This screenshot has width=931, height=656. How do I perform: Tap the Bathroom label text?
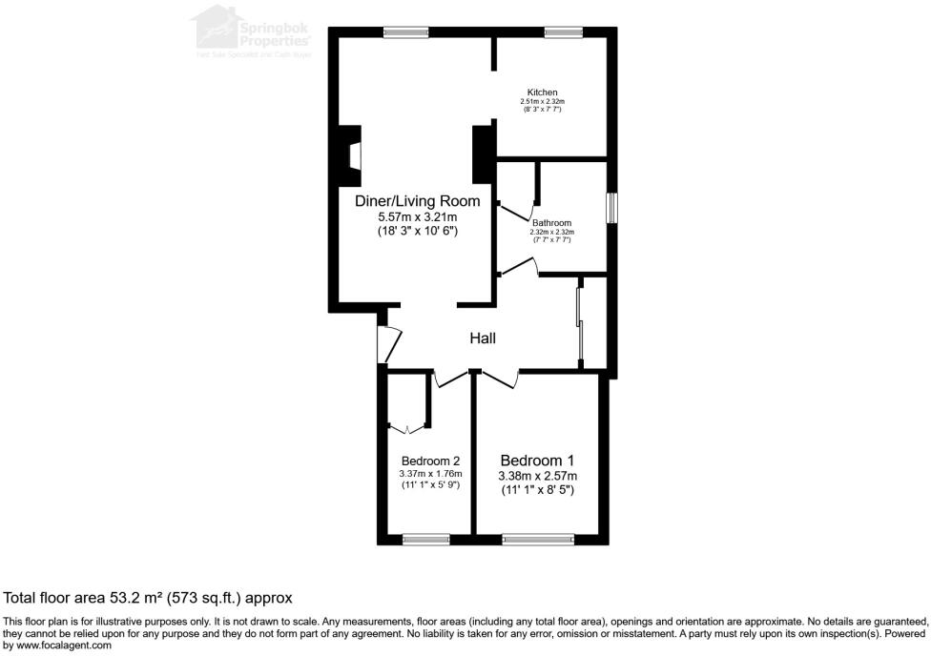click(551, 223)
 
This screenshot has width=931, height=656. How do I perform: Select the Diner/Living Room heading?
click(417, 201)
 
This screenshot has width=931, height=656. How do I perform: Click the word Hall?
click(483, 338)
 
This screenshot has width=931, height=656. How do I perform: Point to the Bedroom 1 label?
click(537, 460)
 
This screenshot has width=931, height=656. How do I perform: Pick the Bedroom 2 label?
click(430, 460)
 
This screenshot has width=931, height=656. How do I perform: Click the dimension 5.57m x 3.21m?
click(417, 217)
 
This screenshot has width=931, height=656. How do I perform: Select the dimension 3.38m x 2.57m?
click(537, 476)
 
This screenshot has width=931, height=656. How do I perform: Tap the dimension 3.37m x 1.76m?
click(430, 474)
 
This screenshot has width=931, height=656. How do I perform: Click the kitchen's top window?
click(564, 32)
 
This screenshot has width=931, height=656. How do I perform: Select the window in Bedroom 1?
click(538, 540)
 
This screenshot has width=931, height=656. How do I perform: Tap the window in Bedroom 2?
click(425, 540)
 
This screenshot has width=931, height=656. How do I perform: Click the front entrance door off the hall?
click(385, 344)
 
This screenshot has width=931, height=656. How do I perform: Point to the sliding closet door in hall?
click(579, 324)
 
